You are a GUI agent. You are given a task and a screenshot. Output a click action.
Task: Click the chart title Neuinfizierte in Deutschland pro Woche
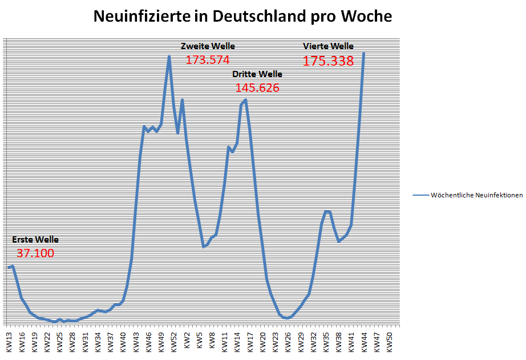click(x=242, y=17)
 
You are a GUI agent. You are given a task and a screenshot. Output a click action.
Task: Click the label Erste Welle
click(x=35, y=240)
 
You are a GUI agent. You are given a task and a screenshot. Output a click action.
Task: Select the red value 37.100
click(x=35, y=253)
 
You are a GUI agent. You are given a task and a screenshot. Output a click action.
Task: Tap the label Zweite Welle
click(x=208, y=46)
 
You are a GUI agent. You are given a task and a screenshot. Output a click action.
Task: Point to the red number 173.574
click(x=208, y=59)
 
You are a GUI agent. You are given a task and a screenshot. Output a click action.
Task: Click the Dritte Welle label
click(x=257, y=74)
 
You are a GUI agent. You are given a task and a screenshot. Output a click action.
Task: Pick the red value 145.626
click(x=257, y=88)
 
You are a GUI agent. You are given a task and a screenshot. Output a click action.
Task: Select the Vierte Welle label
click(x=329, y=46)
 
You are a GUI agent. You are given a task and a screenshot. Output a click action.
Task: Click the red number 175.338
click(x=329, y=61)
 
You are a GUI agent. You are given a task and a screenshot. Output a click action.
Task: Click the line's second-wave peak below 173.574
click(x=169, y=56)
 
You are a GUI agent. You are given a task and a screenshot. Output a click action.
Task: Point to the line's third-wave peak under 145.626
click(x=245, y=100)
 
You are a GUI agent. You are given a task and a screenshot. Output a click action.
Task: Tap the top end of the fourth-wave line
click(x=363, y=53)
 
